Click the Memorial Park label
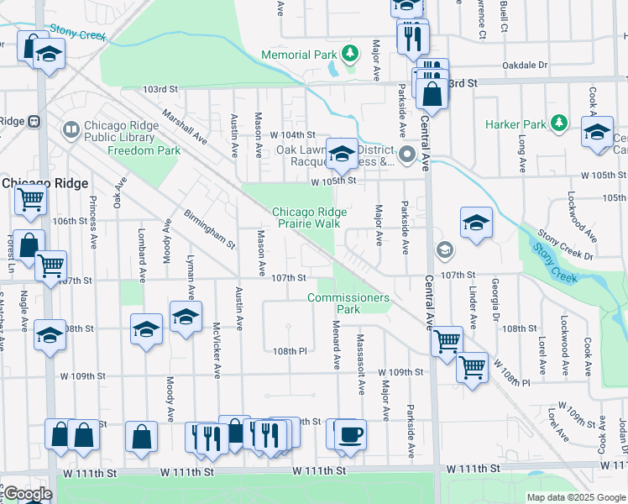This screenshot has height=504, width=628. pos(298,55)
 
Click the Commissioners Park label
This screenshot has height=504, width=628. pos(348,303)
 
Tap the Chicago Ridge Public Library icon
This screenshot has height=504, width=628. pos(70,130)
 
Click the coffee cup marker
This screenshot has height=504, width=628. pos(350,435)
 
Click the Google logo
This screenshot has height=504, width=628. pos(27,494)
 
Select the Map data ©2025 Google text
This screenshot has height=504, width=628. pos(576,497)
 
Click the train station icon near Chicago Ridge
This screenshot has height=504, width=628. pos(34,121)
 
